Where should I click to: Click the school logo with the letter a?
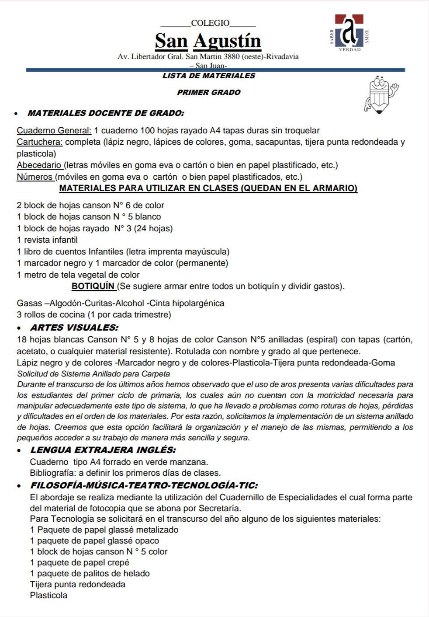[349, 32]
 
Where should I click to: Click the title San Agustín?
[208, 41]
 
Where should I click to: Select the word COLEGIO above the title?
[210, 23]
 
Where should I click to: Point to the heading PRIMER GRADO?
[209, 92]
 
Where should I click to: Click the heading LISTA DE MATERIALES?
[209, 76]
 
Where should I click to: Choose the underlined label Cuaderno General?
[54, 130]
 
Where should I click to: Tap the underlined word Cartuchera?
[40, 142]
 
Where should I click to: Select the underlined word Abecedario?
[39, 165]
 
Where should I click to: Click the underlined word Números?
[35, 177]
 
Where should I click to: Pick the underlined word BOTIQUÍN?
[93, 286]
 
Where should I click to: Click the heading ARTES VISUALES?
[74, 328]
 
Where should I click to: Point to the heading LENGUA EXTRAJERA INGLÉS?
[103, 450]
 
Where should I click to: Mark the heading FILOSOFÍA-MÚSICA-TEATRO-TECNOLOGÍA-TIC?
[144, 485]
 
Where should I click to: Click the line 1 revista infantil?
[47, 240]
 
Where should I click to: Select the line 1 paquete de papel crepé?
[80, 562]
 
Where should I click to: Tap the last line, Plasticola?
[48, 595]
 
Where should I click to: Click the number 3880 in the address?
[232, 56]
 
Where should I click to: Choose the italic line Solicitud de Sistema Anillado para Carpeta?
[93, 374]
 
